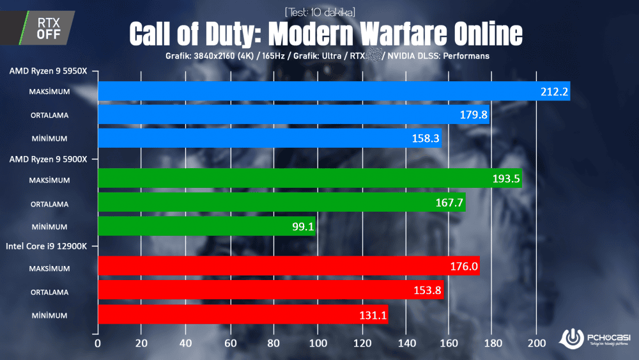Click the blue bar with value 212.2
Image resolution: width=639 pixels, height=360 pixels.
[x=332, y=91]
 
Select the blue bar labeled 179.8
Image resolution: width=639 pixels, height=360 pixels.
[x=294, y=115]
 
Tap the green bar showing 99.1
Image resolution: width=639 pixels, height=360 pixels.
[x=206, y=226]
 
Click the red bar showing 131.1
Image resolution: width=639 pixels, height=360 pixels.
[x=243, y=315]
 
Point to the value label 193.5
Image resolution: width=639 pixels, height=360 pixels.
[x=506, y=180]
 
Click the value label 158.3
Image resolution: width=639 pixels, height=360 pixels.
[x=426, y=138]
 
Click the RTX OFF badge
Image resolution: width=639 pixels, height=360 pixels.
[x=49, y=28]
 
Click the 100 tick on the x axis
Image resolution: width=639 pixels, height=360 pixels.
[x=317, y=343]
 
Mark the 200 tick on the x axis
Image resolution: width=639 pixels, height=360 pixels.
[x=537, y=343]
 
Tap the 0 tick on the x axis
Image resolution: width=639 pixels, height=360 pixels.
[x=98, y=343]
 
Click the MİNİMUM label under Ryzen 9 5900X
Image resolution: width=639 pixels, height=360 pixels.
[x=49, y=226]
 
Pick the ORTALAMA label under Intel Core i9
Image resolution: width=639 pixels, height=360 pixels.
[x=49, y=292]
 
